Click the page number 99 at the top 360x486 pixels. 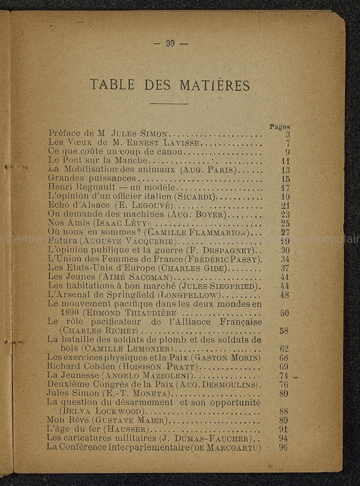coord(171,43)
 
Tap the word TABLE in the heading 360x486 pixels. coord(112,85)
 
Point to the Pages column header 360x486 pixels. coord(280,127)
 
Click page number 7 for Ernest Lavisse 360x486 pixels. coord(287,143)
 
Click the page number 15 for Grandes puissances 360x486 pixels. coord(285,179)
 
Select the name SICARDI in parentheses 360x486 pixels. coord(195,196)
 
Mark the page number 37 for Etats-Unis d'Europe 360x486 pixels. coord(285,268)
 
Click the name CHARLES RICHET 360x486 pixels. coord(98,331)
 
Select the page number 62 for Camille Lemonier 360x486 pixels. coord(284,349)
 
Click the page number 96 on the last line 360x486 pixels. coord(284,447)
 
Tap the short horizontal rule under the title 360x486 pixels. coord(169,104)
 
